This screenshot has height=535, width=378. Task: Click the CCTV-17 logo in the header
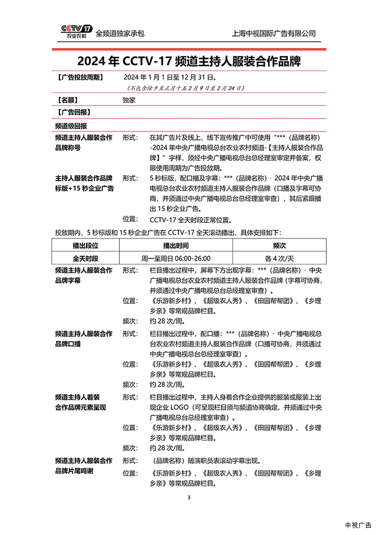pos(76,31)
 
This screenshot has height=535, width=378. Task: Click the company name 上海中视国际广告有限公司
pos(274,33)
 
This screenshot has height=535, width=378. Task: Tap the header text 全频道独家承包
pos(120,33)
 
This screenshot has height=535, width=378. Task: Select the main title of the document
pos(189,61)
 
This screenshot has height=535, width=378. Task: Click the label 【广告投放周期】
pos(79,77)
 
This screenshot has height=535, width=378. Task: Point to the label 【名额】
pos(69,100)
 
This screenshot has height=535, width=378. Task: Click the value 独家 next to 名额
pos(129,100)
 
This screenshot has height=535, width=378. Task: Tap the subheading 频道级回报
pos(71,126)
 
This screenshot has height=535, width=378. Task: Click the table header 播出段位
pos(85,245)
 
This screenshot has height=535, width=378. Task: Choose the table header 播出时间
pos(176,245)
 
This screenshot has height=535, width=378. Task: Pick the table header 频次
pos(279,245)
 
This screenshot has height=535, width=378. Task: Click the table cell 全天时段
pos(85,258)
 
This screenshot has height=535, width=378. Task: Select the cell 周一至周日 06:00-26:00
pos(176,258)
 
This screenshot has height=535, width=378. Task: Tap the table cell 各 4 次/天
pos(279,258)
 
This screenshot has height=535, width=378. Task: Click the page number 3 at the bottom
pos(189,497)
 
